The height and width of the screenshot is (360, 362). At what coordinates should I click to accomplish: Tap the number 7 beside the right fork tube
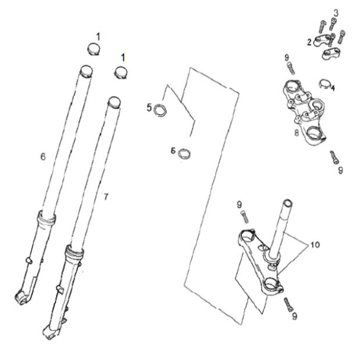pyautogui.click(x=106, y=196)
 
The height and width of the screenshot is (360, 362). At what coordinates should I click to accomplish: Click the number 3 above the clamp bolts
pyautogui.click(x=335, y=12)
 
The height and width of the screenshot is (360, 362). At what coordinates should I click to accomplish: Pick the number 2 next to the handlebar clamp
pyautogui.click(x=309, y=42)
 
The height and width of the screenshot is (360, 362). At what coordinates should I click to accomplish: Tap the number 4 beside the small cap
pyautogui.click(x=333, y=88)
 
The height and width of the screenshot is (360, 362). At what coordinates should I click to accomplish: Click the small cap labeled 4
pyautogui.click(x=324, y=84)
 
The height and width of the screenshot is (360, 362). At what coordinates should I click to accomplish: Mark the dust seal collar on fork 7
pyautogui.click(x=76, y=250)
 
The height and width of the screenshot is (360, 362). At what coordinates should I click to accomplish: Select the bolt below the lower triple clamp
pyautogui.click(x=289, y=304)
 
